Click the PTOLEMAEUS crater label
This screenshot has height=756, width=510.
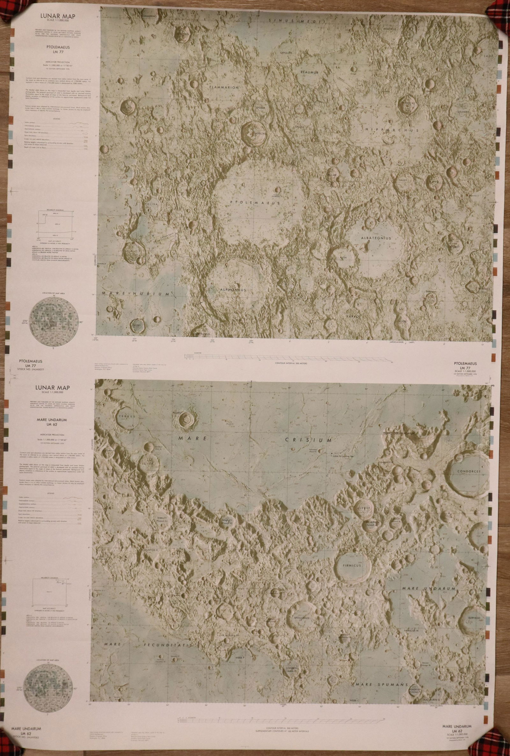[255, 202]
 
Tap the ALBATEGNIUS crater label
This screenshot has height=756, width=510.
[376, 238]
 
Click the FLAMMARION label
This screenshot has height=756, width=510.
[224, 87]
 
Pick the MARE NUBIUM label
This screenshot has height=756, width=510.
[135, 293]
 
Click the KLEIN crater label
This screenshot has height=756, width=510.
[344, 257]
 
